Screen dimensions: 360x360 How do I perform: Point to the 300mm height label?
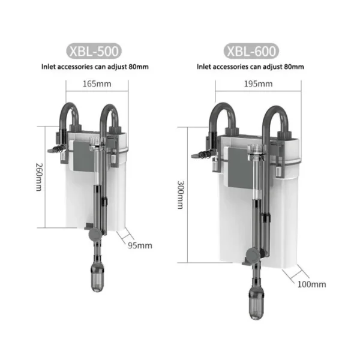(181, 195)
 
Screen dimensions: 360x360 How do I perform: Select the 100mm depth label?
(311, 284)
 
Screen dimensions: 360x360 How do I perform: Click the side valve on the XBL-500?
(54, 148)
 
